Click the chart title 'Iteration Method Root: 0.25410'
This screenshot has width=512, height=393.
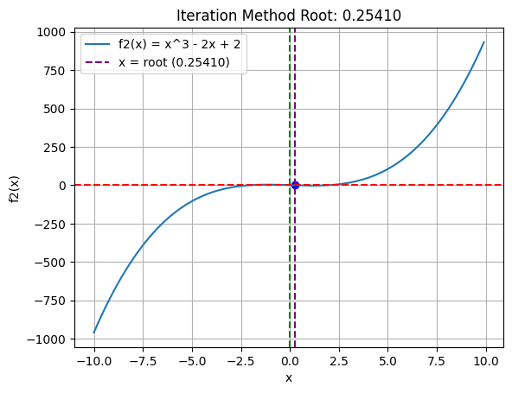(x=289, y=16)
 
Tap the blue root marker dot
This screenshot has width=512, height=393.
(x=295, y=185)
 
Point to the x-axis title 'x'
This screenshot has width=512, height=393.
(x=289, y=377)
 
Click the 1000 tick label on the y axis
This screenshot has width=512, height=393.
(x=51, y=32)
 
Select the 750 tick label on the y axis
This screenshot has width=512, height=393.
(x=54, y=70)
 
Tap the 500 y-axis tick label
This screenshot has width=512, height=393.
(x=54, y=109)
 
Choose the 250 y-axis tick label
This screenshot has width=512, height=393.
(x=54, y=147)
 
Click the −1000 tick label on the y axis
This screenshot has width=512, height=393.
(x=48, y=339)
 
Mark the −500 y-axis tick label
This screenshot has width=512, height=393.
(x=51, y=262)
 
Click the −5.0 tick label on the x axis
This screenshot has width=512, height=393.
(x=191, y=358)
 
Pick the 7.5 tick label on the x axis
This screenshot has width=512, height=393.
(x=437, y=358)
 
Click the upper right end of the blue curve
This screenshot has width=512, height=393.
(x=483, y=42)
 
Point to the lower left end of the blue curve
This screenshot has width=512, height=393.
(x=94, y=332)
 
